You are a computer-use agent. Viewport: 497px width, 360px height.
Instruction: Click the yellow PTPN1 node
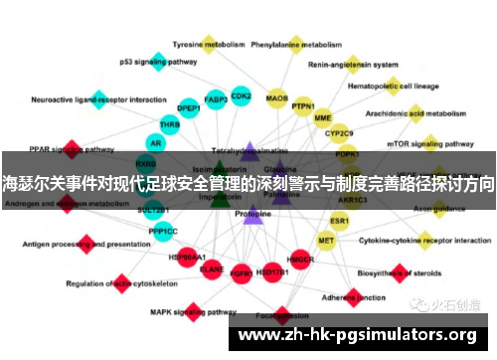pos(303,103)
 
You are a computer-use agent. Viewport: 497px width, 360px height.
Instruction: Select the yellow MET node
pos(326,240)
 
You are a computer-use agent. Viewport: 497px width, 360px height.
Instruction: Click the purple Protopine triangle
pos(253,213)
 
